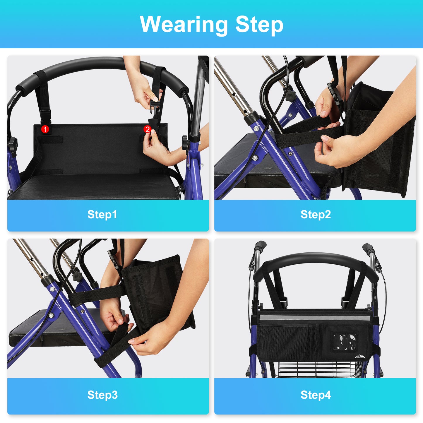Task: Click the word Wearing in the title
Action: (x=184, y=25)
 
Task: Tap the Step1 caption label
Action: (x=102, y=215)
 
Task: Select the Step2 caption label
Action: (x=316, y=215)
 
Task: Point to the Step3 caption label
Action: (x=102, y=395)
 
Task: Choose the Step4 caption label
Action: (x=316, y=395)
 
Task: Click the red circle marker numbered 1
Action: (x=45, y=129)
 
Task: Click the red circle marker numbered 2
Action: (x=147, y=129)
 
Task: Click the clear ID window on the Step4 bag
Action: (x=345, y=341)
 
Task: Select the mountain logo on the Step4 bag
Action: (x=360, y=356)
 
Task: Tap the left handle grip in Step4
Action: (x=260, y=246)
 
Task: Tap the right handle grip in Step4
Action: (x=368, y=248)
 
